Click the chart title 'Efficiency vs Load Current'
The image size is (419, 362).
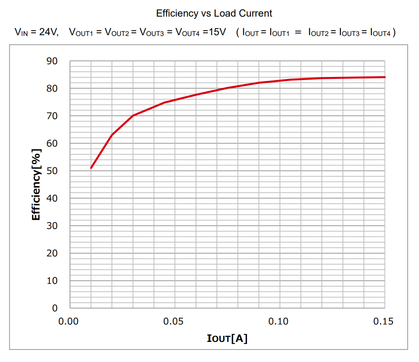(214, 13)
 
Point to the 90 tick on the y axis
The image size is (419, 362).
(52, 61)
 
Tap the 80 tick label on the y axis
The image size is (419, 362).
(52, 89)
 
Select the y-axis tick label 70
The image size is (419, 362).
(52, 116)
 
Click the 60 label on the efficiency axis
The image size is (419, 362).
(52, 143)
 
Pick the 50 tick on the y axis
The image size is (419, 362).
(52, 171)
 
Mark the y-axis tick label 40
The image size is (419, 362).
(52, 198)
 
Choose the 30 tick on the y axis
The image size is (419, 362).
(52, 226)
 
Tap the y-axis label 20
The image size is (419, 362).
(52, 253)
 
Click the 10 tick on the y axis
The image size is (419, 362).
(52, 281)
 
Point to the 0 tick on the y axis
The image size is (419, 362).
(55, 308)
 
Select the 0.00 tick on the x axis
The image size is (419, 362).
(68, 321)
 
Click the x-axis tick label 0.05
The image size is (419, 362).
(173, 321)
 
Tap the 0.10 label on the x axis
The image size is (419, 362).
(278, 321)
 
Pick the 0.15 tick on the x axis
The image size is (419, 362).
(383, 321)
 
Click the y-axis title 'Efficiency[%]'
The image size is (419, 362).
(36, 184)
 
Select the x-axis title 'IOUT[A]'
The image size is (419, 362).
(227, 339)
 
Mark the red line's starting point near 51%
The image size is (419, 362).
(91, 168)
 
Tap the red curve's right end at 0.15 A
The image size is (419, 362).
(385, 77)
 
